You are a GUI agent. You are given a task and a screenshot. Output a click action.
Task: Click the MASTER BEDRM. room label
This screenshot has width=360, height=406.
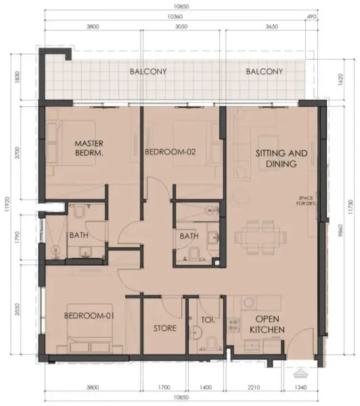point(88,148)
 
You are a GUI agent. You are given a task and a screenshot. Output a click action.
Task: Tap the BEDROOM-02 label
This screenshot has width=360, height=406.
point(171,153)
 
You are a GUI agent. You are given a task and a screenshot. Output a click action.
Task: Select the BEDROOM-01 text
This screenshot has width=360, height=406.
point(87,316)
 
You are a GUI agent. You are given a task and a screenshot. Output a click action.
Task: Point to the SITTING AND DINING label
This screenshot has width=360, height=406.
point(282,158)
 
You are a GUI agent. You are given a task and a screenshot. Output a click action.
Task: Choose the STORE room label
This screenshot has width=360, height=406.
point(164,328)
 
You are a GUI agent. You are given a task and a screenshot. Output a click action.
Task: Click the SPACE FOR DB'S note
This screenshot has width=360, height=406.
point(307,201)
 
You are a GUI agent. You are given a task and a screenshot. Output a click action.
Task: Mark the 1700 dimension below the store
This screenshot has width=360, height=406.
point(164,388)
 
